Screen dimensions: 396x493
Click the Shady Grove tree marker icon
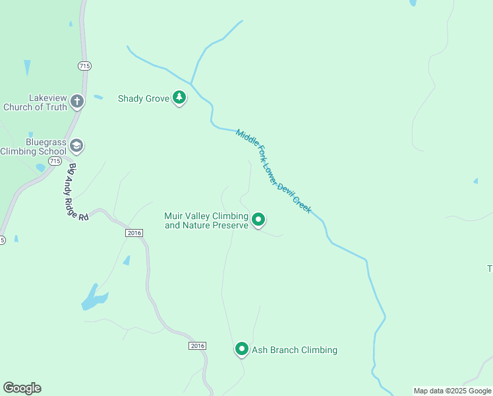click(179, 98)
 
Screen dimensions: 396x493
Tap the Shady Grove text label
click(142, 98)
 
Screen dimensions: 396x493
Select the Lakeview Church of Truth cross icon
click(77, 101)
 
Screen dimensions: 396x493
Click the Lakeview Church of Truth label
click(35, 102)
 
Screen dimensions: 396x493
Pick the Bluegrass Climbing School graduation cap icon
click(76, 145)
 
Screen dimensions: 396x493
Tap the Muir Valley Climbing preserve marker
click(258, 219)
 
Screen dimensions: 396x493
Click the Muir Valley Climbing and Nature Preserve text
click(206, 220)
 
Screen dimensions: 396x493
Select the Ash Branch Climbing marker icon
click(242, 349)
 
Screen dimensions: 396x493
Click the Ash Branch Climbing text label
click(295, 350)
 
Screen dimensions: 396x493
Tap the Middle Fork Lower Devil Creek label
click(274, 171)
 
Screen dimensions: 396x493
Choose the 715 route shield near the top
click(84, 65)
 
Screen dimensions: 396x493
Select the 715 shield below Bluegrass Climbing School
click(55, 161)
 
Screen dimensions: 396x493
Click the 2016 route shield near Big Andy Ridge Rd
click(134, 233)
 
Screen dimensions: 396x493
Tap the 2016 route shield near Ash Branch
click(197, 346)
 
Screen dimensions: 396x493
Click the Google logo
click(22, 388)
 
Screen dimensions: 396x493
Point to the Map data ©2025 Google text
click(452, 391)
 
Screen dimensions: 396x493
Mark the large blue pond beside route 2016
click(94, 298)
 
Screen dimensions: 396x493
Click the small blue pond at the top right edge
click(413, 3)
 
